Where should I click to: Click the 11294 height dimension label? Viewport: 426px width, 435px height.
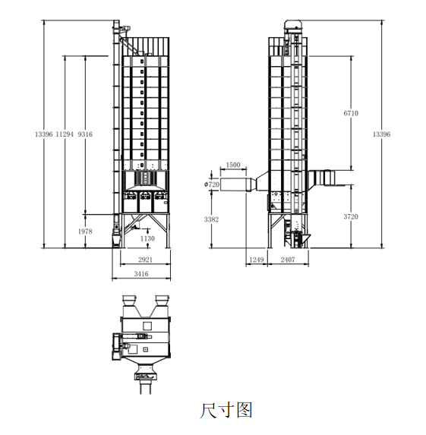click(65, 134)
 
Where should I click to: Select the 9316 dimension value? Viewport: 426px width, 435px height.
click(85, 134)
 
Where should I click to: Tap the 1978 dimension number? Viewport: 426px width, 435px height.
click(85, 232)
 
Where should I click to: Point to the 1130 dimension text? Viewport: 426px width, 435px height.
click(147, 238)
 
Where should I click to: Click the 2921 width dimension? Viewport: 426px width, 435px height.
click(146, 260)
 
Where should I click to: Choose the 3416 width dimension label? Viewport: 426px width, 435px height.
click(141, 274)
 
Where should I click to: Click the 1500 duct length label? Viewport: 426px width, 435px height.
click(233, 165)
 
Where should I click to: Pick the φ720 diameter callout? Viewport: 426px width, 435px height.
click(212, 184)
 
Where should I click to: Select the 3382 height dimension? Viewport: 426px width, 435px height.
click(211, 219)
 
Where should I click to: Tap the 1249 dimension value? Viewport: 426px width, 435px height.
click(257, 260)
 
